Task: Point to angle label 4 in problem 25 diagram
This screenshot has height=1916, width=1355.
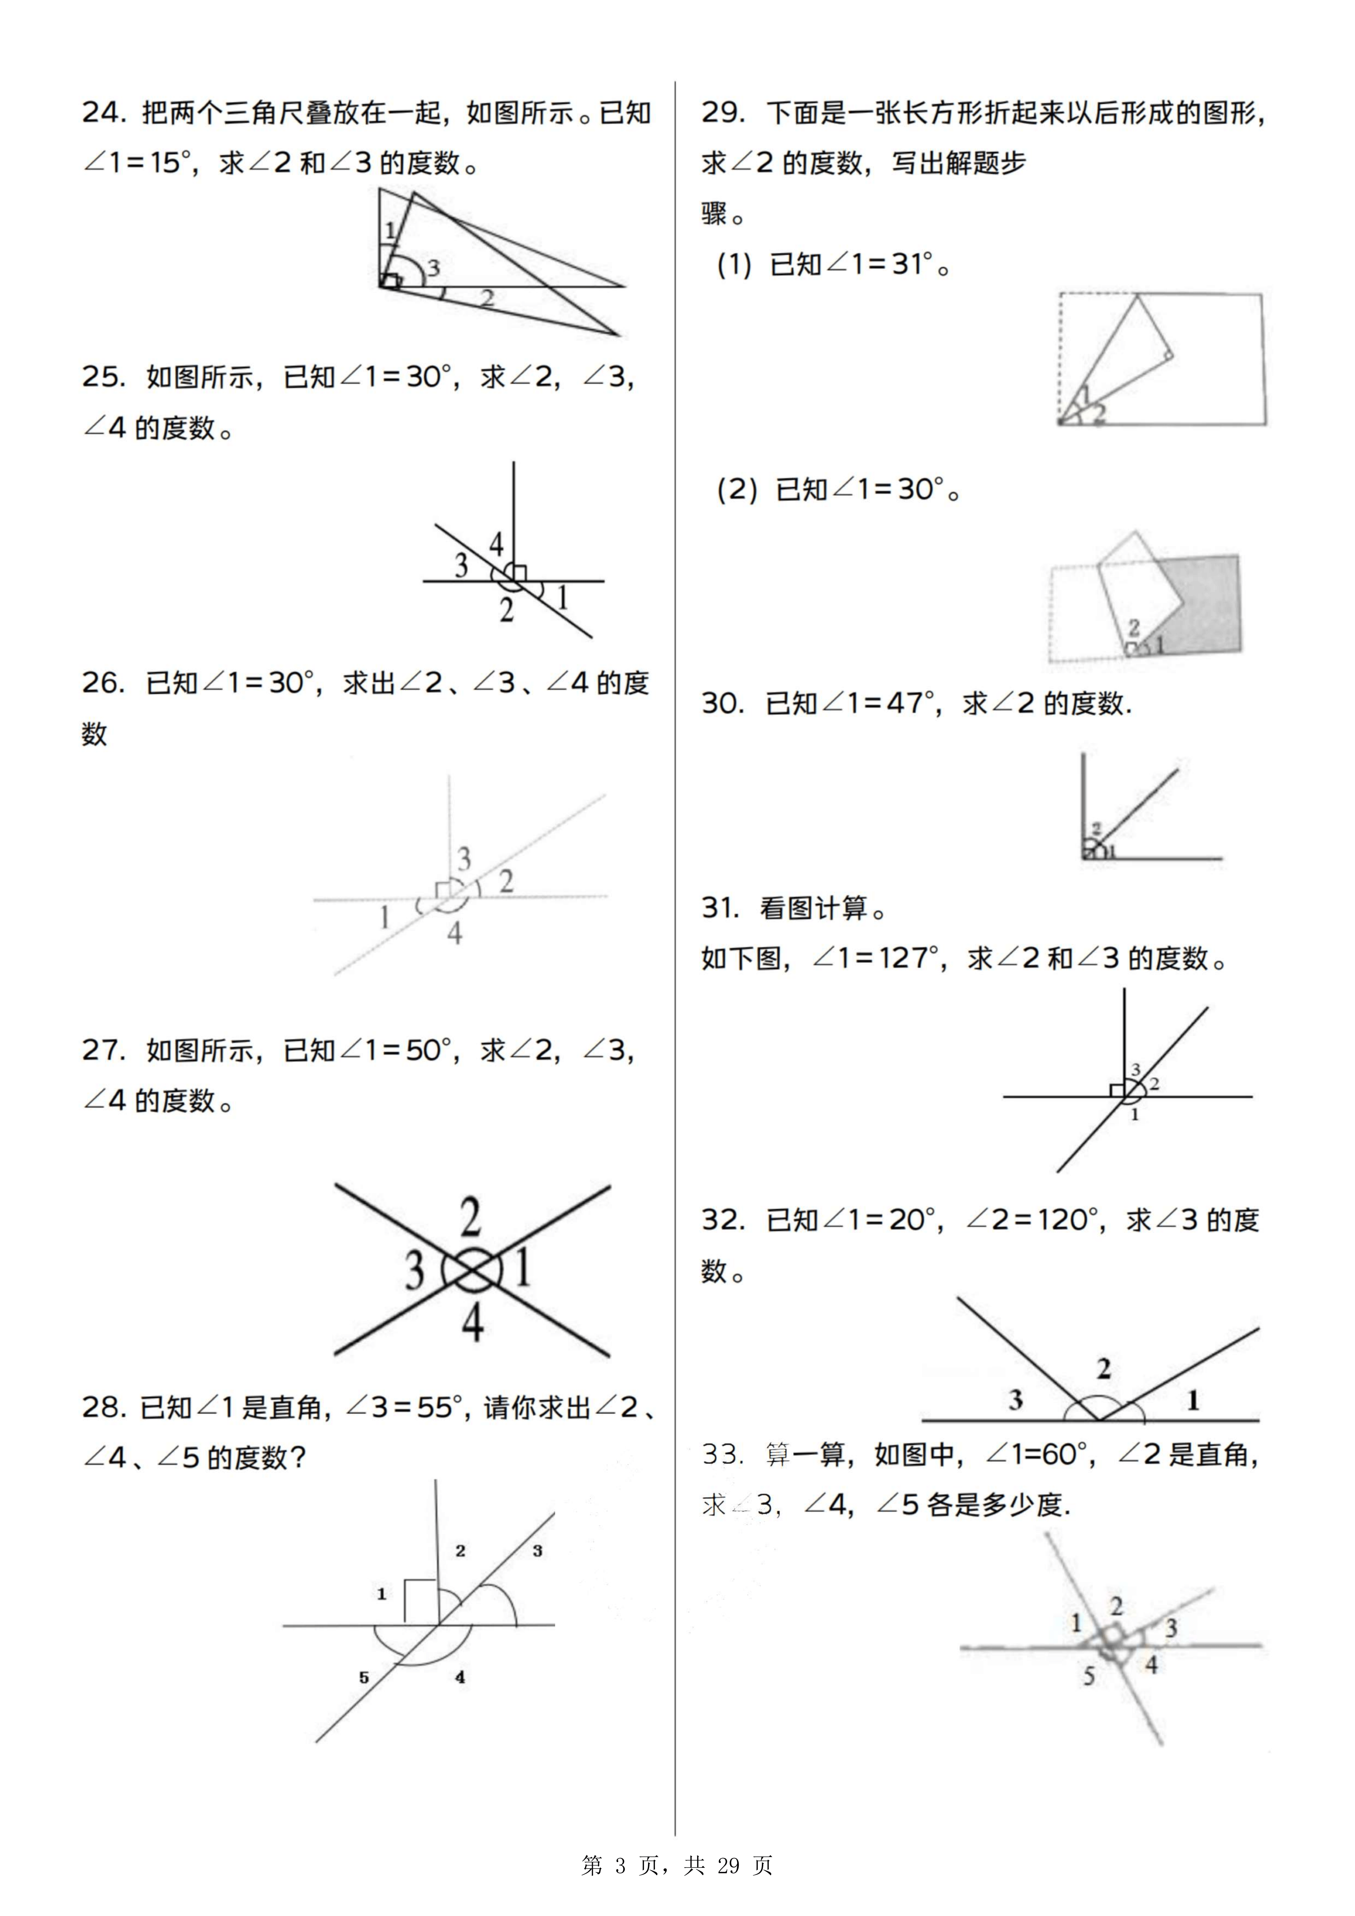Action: (497, 545)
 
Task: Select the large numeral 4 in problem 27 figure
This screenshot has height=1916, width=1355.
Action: (472, 1322)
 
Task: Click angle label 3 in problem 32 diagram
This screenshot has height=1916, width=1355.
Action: (1016, 1399)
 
